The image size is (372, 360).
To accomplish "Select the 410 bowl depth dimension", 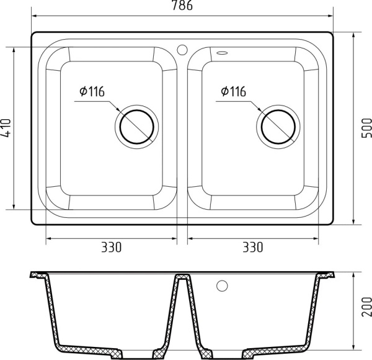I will [x=6, y=128].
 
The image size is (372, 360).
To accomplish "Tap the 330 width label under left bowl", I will [x=111, y=248].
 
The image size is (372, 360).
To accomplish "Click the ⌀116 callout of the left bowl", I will [x=91, y=92].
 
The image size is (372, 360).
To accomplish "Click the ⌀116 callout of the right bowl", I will [x=232, y=92].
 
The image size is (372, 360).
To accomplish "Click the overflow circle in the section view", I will [x=221, y=286].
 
